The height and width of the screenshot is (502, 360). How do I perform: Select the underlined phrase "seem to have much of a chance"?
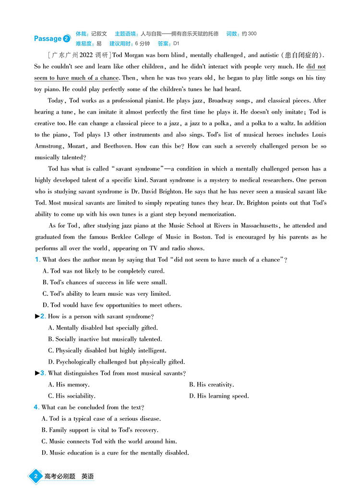click(x=76, y=78)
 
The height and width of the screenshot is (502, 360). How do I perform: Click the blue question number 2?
click(x=43, y=317)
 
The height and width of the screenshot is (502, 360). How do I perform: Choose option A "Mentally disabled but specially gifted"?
click(x=103, y=328)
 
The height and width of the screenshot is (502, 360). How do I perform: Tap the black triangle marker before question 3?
click(x=37, y=373)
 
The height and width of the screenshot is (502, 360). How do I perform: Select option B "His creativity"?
click(x=211, y=385)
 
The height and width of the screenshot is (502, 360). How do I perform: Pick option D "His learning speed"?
click(x=219, y=396)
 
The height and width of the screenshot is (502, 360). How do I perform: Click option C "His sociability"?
click(x=72, y=396)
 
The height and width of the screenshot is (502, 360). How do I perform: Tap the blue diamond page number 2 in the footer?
click(x=35, y=477)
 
